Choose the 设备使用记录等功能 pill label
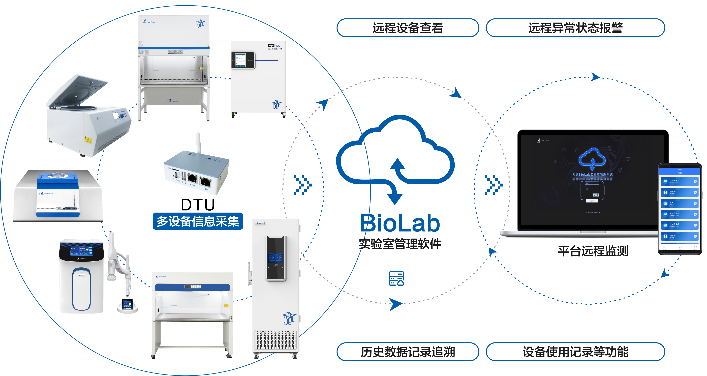pos(575,352)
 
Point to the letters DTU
pos(198,205)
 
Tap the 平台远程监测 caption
pos(593,251)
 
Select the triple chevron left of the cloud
pos(302,185)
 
